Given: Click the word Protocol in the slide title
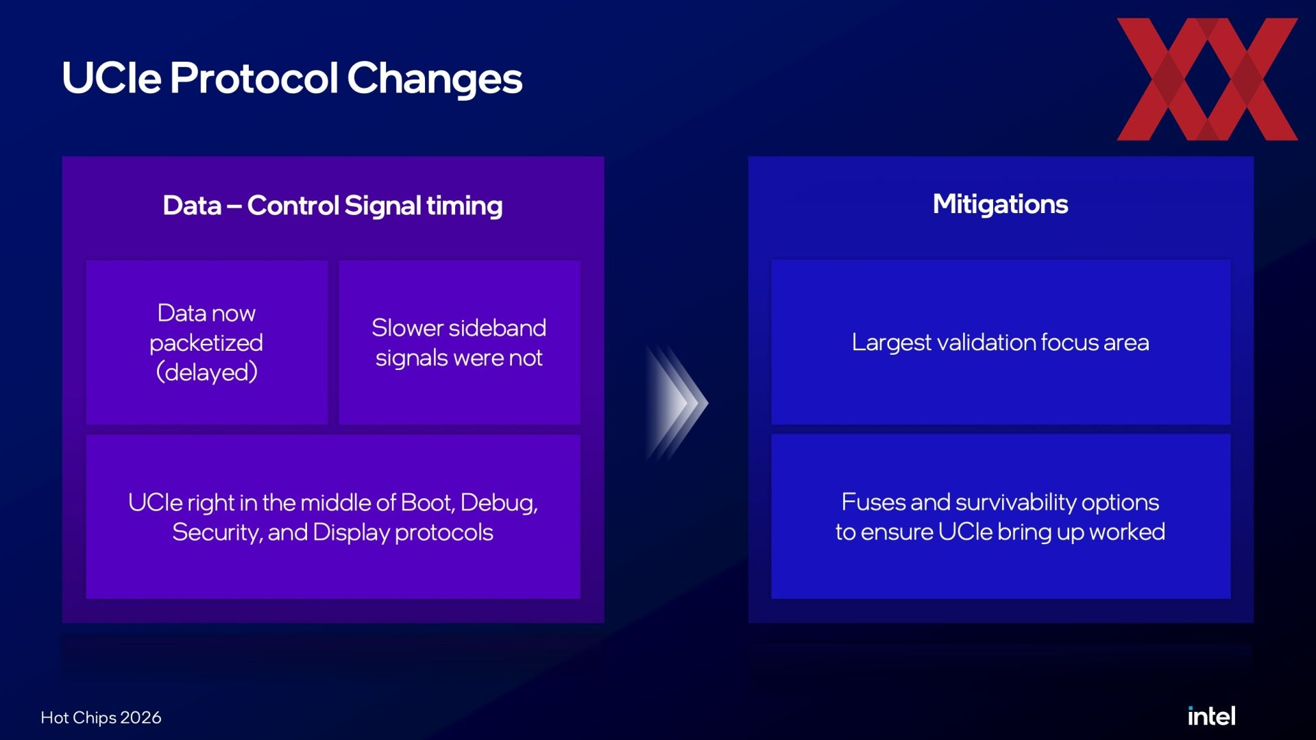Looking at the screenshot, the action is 254,77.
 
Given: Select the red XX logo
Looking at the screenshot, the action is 1207,79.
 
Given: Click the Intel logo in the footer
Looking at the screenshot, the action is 1211,716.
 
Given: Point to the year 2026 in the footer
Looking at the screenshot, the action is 141,717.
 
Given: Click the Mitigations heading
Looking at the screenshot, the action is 1000,204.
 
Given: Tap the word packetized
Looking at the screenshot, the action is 206,343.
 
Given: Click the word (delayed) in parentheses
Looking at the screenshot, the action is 206,372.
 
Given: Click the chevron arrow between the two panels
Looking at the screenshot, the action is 676,403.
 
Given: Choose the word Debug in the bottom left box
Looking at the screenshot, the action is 499,504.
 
